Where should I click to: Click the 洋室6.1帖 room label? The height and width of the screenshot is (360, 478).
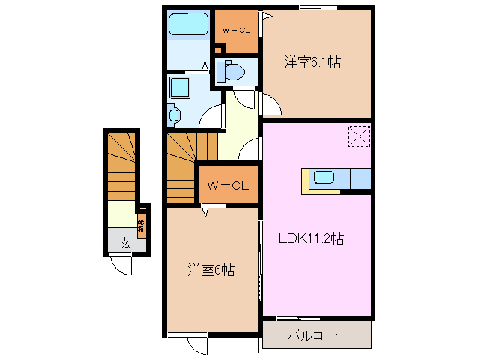pyautogui.click(x=312, y=63)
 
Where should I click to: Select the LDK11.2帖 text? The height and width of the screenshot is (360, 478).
pyautogui.click(x=312, y=239)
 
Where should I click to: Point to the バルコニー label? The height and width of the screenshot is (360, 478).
pyautogui.click(x=316, y=335)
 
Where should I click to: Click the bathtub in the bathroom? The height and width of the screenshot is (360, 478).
pyautogui.click(x=187, y=25)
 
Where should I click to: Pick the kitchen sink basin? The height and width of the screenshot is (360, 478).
pyautogui.click(x=325, y=178)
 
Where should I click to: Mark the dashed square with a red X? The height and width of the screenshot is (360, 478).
pyautogui.click(x=358, y=137)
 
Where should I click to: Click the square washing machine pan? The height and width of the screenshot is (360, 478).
pyautogui.click(x=181, y=88)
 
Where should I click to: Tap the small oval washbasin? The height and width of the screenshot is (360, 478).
pyautogui.click(x=175, y=115)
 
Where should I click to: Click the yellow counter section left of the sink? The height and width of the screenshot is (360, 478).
pyautogui.click(x=306, y=180)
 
